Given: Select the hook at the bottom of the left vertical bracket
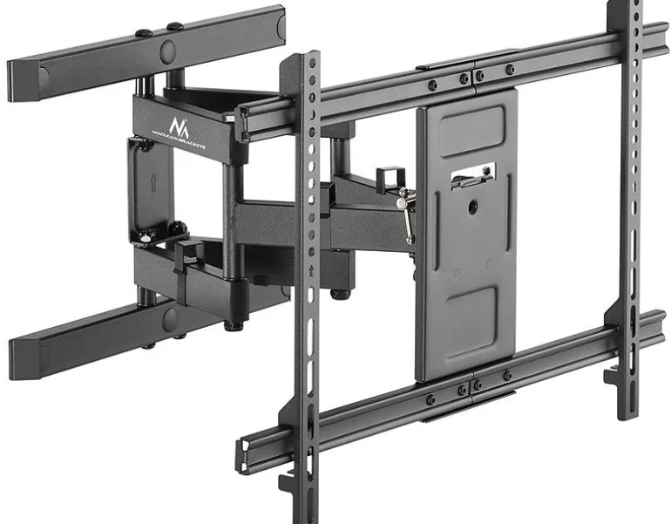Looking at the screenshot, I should click(x=289, y=485).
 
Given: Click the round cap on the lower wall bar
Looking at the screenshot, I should click(x=169, y=320).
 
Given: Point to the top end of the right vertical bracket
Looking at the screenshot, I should click(x=624, y=7).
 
